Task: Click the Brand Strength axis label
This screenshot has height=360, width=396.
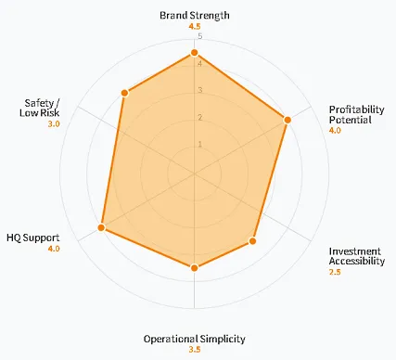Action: [194, 16]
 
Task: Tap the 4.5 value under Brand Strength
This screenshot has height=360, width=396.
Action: [194, 28]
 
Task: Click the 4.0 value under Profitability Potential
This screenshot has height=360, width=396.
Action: [335, 132]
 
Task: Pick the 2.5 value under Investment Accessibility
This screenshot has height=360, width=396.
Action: [335, 273]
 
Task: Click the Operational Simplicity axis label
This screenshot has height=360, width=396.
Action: [194, 337]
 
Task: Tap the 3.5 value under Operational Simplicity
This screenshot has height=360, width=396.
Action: [194, 350]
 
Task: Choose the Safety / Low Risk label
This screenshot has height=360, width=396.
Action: [39, 108]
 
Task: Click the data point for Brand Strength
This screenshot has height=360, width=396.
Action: [195, 54]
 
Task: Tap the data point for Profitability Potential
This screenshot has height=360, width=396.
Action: [287, 120]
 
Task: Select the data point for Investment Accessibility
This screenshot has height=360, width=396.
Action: [253, 242]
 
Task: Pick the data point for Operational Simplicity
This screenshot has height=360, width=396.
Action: [195, 268]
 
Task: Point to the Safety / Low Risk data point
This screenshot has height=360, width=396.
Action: [124, 93]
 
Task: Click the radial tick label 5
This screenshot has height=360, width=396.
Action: [199, 37]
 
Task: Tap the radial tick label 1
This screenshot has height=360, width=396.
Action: [199, 145]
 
